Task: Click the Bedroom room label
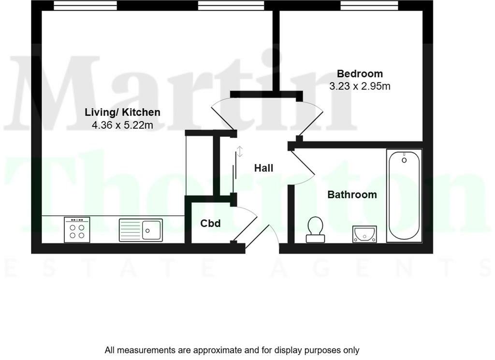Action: (x=360, y=74)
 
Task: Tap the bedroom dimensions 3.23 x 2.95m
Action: (x=360, y=87)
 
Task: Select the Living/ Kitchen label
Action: (x=122, y=113)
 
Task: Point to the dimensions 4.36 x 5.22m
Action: (x=122, y=125)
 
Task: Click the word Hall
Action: (x=264, y=168)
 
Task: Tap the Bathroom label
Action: (x=352, y=195)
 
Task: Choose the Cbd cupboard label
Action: (x=211, y=224)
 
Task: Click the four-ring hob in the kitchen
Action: (x=77, y=229)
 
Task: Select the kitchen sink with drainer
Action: (x=141, y=229)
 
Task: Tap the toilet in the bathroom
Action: (x=316, y=229)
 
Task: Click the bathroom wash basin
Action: (x=364, y=234)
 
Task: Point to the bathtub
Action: (x=404, y=195)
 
